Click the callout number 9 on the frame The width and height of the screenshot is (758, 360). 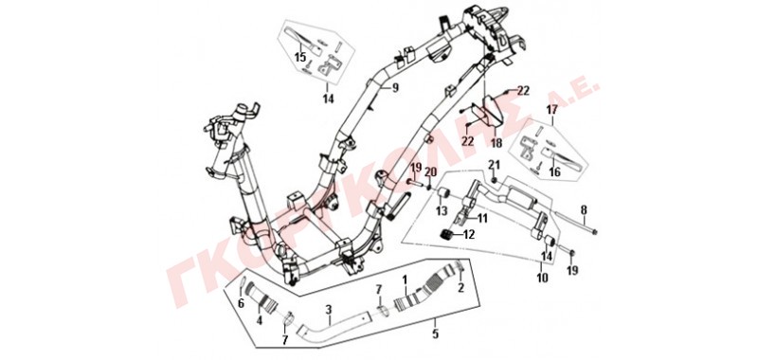(x=395, y=88)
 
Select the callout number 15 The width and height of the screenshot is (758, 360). (x=300, y=58)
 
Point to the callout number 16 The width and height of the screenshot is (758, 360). (x=554, y=171)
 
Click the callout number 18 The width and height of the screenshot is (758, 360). (x=496, y=143)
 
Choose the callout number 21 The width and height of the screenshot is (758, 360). (x=493, y=164)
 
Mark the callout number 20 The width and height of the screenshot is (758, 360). (x=430, y=171)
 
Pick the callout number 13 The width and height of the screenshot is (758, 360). (x=442, y=210)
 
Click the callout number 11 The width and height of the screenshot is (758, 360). (x=483, y=218)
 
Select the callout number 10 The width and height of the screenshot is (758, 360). (x=542, y=278)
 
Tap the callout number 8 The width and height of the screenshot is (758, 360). (x=584, y=210)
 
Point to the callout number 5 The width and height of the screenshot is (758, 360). (x=435, y=333)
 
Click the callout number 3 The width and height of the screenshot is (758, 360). (x=328, y=308)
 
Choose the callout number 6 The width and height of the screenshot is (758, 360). (x=242, y=303)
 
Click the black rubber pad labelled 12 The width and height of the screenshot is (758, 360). (x=446, y=235)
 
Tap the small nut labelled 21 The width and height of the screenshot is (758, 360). (x=494, y=180)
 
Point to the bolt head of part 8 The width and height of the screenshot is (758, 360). (x=594, y=232)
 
